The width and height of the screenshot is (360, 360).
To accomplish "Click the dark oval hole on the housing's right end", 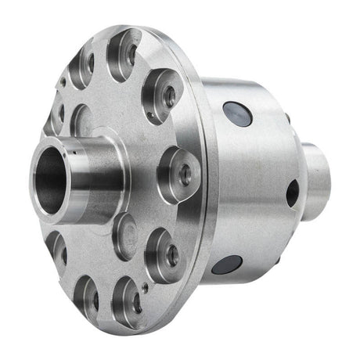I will [x=291, y=193].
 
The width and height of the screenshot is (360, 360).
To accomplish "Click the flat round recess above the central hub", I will [x=82, y=121].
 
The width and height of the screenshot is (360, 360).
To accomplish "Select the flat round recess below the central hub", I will [x=123, y=235].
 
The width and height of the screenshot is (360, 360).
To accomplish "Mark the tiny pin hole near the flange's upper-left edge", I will [x=62, y=81].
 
